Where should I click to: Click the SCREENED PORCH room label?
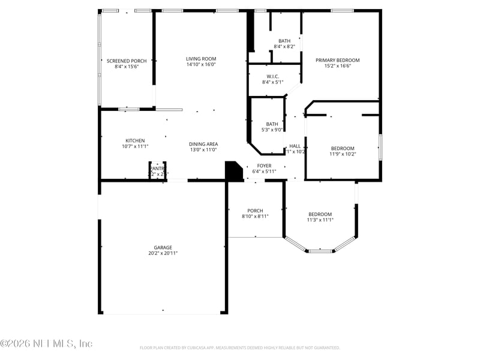(x=127, y=61)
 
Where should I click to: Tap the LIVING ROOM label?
(x=201, y=58)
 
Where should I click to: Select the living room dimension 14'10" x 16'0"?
(x=201, y=65)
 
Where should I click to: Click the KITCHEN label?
(x=135, y=140)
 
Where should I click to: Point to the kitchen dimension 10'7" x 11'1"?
(x=135, y=146)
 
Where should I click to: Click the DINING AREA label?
(x=203, y=144)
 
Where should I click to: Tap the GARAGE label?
(x=163, y=247)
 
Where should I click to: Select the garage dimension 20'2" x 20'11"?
(x=163, y=253)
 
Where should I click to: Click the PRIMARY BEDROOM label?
(x=338, y=60)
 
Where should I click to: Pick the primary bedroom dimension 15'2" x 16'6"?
(x=338, y=66)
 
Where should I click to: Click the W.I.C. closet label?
(x=273, y=76)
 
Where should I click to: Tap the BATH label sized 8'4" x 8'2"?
(x=284, y=41)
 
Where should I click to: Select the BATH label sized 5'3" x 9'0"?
(x=272, y=124)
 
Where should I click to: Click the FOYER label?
(x=264, y=166)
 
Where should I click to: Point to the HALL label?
(x=295, y=146)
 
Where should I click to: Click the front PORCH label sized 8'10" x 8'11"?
(x=256, y=211)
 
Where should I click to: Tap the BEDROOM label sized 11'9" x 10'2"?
(x=343, y=148)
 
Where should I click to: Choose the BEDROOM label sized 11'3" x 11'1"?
(x=320, y=214)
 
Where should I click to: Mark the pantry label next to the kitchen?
(x=157, y=169)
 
